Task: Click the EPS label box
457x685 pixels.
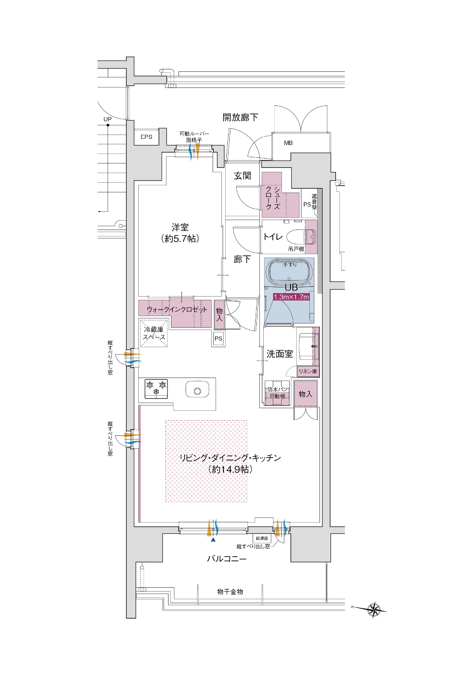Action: pyautogui.click(x=146, y=137)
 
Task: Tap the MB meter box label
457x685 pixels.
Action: pyautogui.click(x=288, y=143)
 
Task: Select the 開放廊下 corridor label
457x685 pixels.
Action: pyautogui.click(x=240, y=117)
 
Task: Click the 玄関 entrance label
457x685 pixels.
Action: pyautogui.click(x=242, y=176)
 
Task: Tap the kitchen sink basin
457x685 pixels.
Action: pyautogui.click(x=197, y=389)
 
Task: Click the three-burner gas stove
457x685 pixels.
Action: pyautogui.click(x=156, y=389)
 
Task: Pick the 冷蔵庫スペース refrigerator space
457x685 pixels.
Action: pyautogui.click(x=154, y=333)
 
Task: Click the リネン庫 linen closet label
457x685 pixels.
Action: pyautogui.click(x=308, y=372)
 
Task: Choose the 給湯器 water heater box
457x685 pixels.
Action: pyautogui.click(x=262, y=538)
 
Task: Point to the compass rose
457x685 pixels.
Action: pyautogui.click(x=374, y=610)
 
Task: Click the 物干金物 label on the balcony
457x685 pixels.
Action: pyautogui.click(x=230, y=591)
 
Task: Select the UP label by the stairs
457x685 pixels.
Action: pyautogui.click(x=108, y=119)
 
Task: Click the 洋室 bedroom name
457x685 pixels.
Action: pyautogui.click(x=180, y=227)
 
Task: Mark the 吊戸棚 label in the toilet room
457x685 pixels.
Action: pyautogui.click(x=296, y=249)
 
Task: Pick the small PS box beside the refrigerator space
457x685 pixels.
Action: pyautogui.click(x=218, y=339)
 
